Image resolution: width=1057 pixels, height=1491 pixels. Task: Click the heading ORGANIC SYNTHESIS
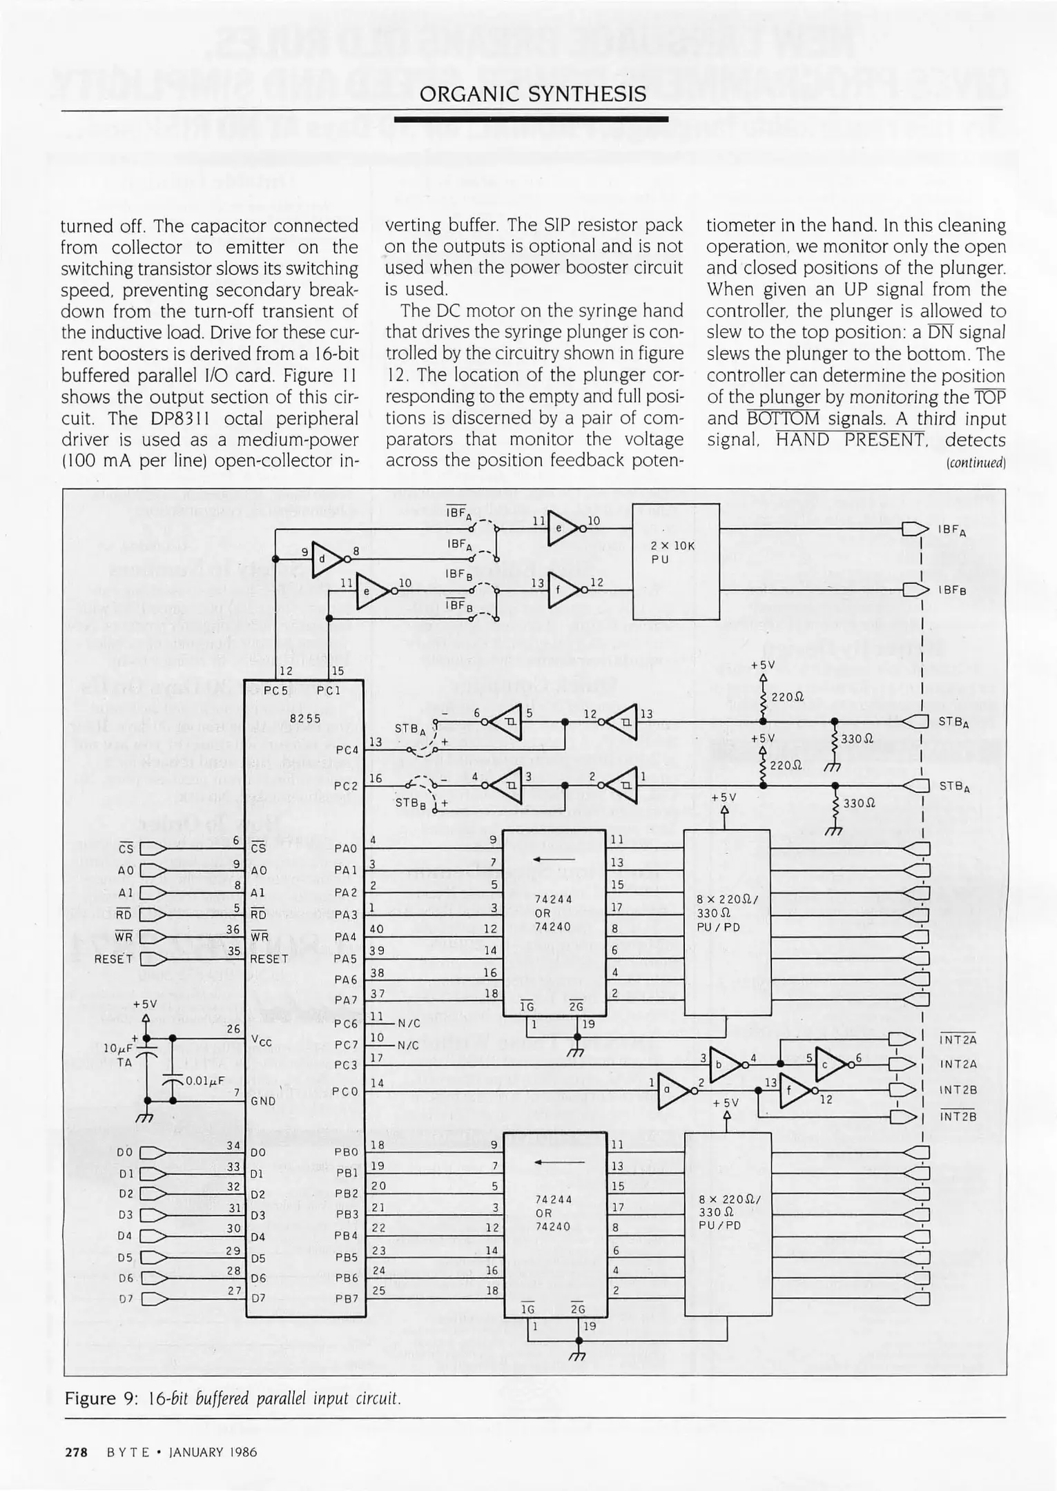click(x=532, y=94)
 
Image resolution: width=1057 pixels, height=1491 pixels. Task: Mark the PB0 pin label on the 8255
click(x=346, y=1152)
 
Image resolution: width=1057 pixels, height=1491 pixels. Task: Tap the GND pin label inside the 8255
click(x=262, y=1101)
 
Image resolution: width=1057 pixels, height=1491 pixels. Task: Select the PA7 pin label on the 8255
click(x=345, y=1000)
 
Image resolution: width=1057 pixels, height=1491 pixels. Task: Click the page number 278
click(x=76, y=1452)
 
